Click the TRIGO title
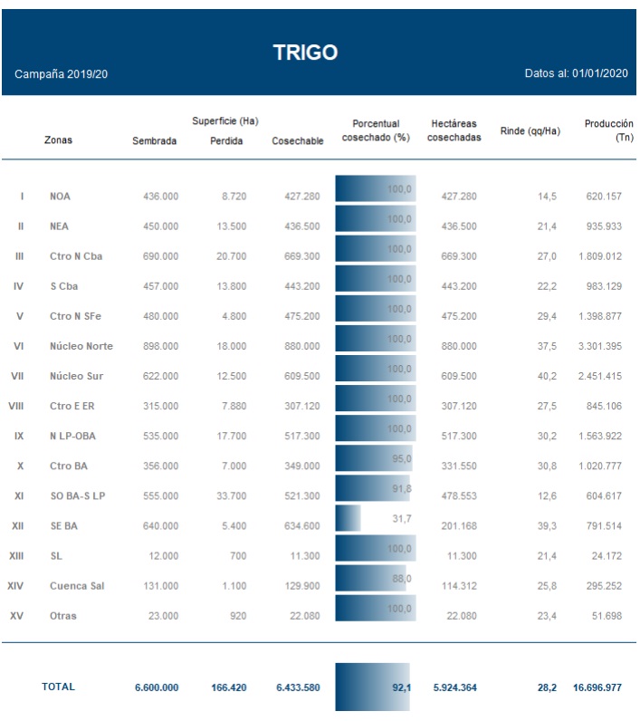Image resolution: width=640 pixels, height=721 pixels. pos(306,53)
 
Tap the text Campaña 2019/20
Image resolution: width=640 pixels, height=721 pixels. pos(62,73)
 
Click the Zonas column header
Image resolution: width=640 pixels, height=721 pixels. pos(58,140)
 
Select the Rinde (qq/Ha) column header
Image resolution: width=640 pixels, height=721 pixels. pos(530,131)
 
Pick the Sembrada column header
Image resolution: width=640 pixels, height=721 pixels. pos(155,140)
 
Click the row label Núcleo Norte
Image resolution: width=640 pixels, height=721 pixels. pos(81,346)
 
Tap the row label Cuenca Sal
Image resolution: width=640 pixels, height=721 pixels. pos(77,586)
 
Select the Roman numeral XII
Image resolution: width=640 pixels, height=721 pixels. pos(17,526)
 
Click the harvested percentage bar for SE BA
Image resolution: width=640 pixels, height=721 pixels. pos(349,519)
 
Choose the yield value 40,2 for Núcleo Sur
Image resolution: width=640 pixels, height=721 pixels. pos(547,376)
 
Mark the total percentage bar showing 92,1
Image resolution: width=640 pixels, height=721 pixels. pos(375,687)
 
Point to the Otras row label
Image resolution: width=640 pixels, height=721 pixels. pos(63,616)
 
